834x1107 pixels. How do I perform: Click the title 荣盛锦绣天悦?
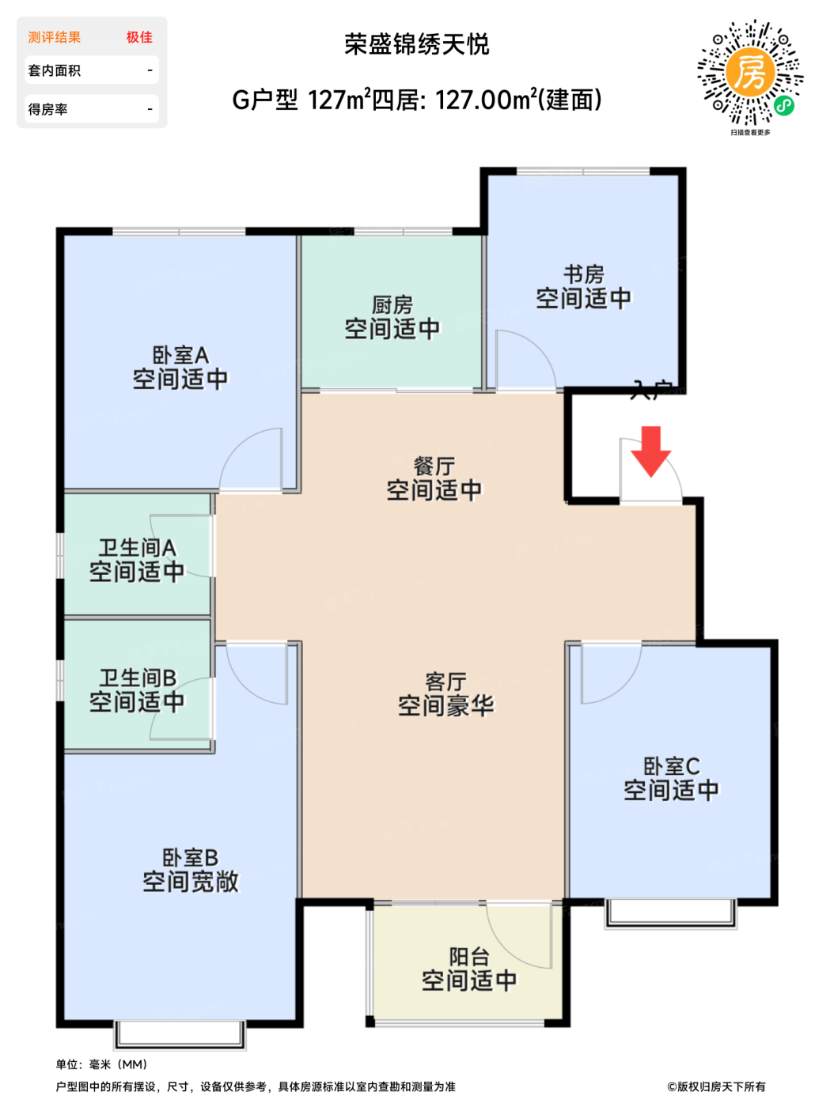(417, 44)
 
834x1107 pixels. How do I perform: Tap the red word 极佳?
(139, 37)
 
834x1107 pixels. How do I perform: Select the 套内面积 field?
(91, 70)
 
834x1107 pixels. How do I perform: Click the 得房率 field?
(91, 109)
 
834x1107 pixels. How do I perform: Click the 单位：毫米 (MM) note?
(102, 1064)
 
